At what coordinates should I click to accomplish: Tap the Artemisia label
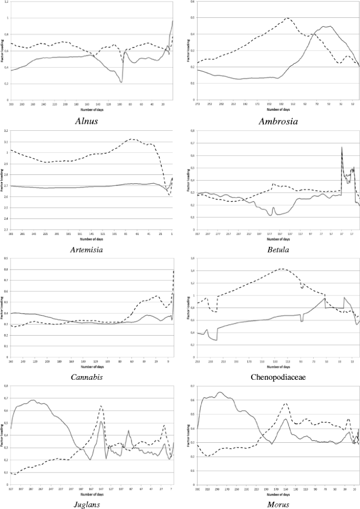86,249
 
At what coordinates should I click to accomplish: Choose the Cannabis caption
86,377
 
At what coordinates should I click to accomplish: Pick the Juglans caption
86,504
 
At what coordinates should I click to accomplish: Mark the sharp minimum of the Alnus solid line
121,82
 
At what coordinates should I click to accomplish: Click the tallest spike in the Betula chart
342,147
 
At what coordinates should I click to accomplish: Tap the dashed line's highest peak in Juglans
100,406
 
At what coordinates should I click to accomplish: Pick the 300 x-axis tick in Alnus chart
12,104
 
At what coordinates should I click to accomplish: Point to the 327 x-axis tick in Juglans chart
12,490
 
